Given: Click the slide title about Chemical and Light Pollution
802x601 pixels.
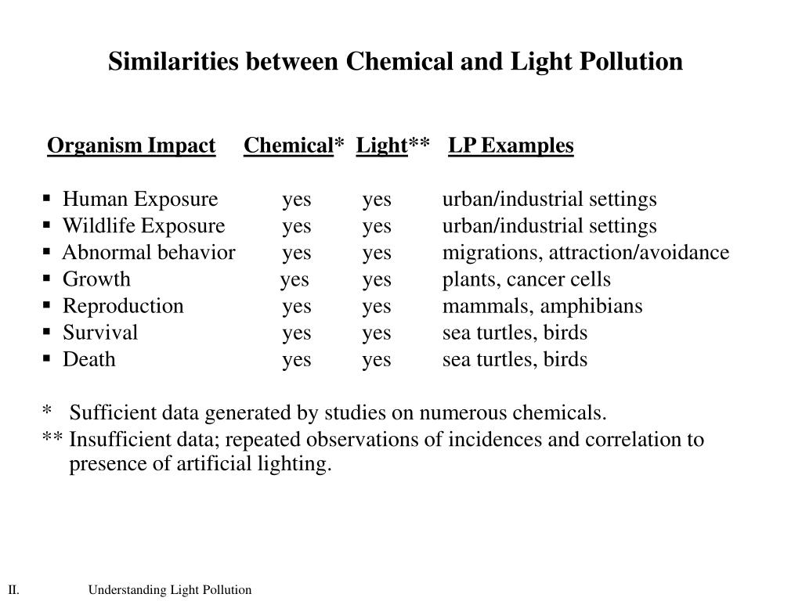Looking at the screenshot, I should tap(395, 62).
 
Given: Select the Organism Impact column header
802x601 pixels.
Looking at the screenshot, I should tap(131, 146).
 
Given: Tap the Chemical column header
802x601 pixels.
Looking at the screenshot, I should tap(288, 146).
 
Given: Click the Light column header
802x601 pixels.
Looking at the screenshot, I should tap(381, 146).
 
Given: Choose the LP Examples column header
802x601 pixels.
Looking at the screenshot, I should tap(511, 146).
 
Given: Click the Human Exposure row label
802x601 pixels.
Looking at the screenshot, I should tap(140, 200).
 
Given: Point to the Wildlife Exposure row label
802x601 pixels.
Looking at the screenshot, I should tap(143, 226).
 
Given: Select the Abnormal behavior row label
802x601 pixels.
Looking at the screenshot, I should tap(149, 253).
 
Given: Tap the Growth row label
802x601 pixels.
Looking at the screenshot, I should tap(96, 279).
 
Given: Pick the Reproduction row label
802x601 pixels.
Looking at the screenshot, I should tap(123, 306).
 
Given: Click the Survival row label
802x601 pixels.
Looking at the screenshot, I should tap(100, 333).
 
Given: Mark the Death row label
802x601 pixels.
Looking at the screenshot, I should tap(89, 359).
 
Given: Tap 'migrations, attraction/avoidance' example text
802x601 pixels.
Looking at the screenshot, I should tap(585, 253).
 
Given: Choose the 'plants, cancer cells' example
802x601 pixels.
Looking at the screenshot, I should tap(526, 279).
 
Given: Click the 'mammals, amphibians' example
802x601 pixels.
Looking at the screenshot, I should tap(542, 306).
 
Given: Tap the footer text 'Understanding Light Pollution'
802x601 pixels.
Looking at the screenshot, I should tap(169, 590).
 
